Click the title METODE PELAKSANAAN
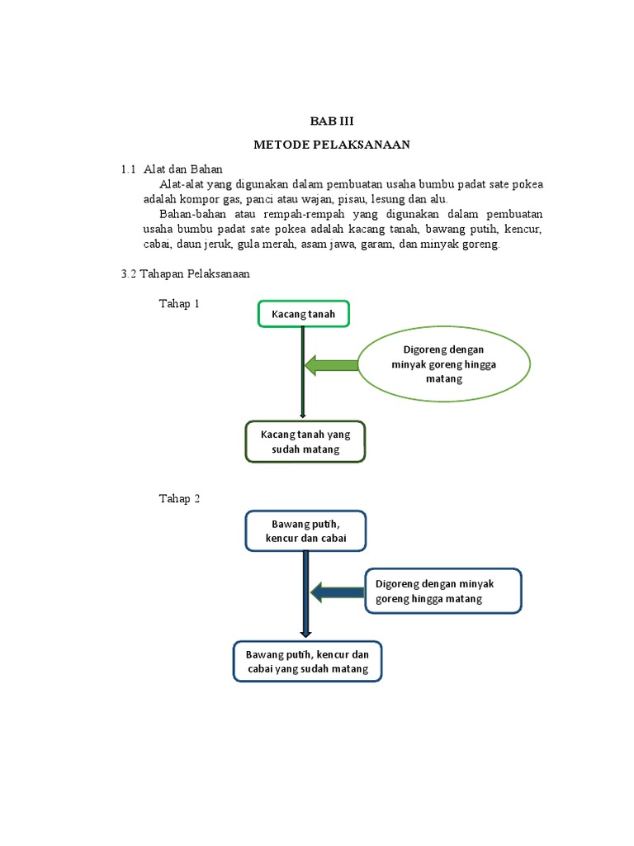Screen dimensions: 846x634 pyautogui.click(x=331, y=145)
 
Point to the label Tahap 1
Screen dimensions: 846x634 pyautogui.click(x=179, y=304)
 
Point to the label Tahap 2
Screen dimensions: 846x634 pyautogui.click(x=179, y=498)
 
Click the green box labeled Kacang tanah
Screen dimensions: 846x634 pyautogui.click(x=303, y=314)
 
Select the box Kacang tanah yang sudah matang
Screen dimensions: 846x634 pyautogui.click(x=305, y=442)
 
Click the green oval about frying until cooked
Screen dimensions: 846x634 pyautogui.click(x=443, y=364)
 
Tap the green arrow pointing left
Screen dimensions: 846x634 pyautogui.click(x=331, y=364)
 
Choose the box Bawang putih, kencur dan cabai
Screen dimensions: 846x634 pyautogui.click(x=305, y=530)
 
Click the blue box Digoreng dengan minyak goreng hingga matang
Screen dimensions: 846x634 pyautogui.click(x=442, y=591)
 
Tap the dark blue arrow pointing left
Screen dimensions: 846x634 pyautogui.click(x=338, y=591)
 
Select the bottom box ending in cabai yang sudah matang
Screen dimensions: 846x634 pyautogui.click(x=306, y=661)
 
